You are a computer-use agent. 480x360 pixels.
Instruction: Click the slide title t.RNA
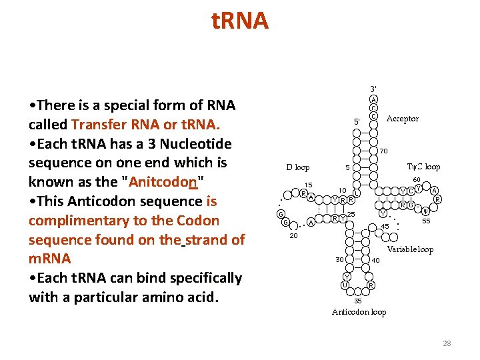(x=240, y=21)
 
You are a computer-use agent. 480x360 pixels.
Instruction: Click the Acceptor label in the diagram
(x=403, y=119)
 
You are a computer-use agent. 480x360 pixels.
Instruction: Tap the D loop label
(x=298, y=167)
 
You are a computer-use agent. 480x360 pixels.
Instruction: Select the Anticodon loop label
(x=359, y=312)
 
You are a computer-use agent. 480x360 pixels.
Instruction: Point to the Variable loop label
(x=410, y=249)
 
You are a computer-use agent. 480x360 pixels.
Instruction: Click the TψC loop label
(x=423, y=167)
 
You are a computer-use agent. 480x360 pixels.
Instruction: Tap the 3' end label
(x=373, y=89)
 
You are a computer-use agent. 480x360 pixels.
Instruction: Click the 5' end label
(x=357, y=122)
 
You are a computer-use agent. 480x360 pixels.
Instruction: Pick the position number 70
(x=384, y=151)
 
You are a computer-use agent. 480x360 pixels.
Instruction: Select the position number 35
(x=358, y=301)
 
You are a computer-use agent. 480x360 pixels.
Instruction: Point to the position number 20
(x=293, y=235)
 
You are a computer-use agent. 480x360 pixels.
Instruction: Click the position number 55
(x=426, y=221)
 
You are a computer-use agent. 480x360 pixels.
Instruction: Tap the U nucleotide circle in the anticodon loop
(x=344, y=285)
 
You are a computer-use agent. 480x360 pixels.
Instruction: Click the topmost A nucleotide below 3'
(x=374, y=99)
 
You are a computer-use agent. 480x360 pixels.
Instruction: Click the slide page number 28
(x=447, y=343)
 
